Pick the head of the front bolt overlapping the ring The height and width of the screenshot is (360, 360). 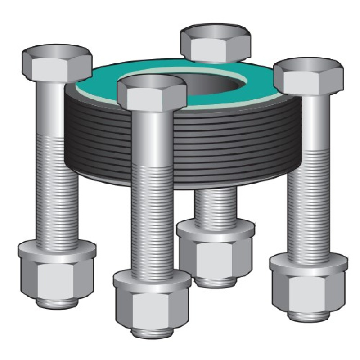point(151,92)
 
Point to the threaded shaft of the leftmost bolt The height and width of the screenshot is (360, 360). point(57,189)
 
